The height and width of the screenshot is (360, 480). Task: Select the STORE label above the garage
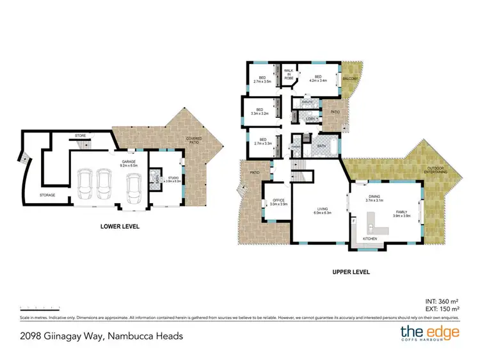(80, 136)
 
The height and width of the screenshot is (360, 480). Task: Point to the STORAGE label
(47, 195)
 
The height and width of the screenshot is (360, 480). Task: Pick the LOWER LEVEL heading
(120, 226)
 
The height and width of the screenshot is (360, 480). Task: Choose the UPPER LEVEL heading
(351, 272)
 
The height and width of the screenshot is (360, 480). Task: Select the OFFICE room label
(278, 202)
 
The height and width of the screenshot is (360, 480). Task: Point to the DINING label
(374, 198)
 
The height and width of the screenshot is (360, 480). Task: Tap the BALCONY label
(351, 78)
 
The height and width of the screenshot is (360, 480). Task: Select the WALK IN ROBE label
(289, 74)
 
